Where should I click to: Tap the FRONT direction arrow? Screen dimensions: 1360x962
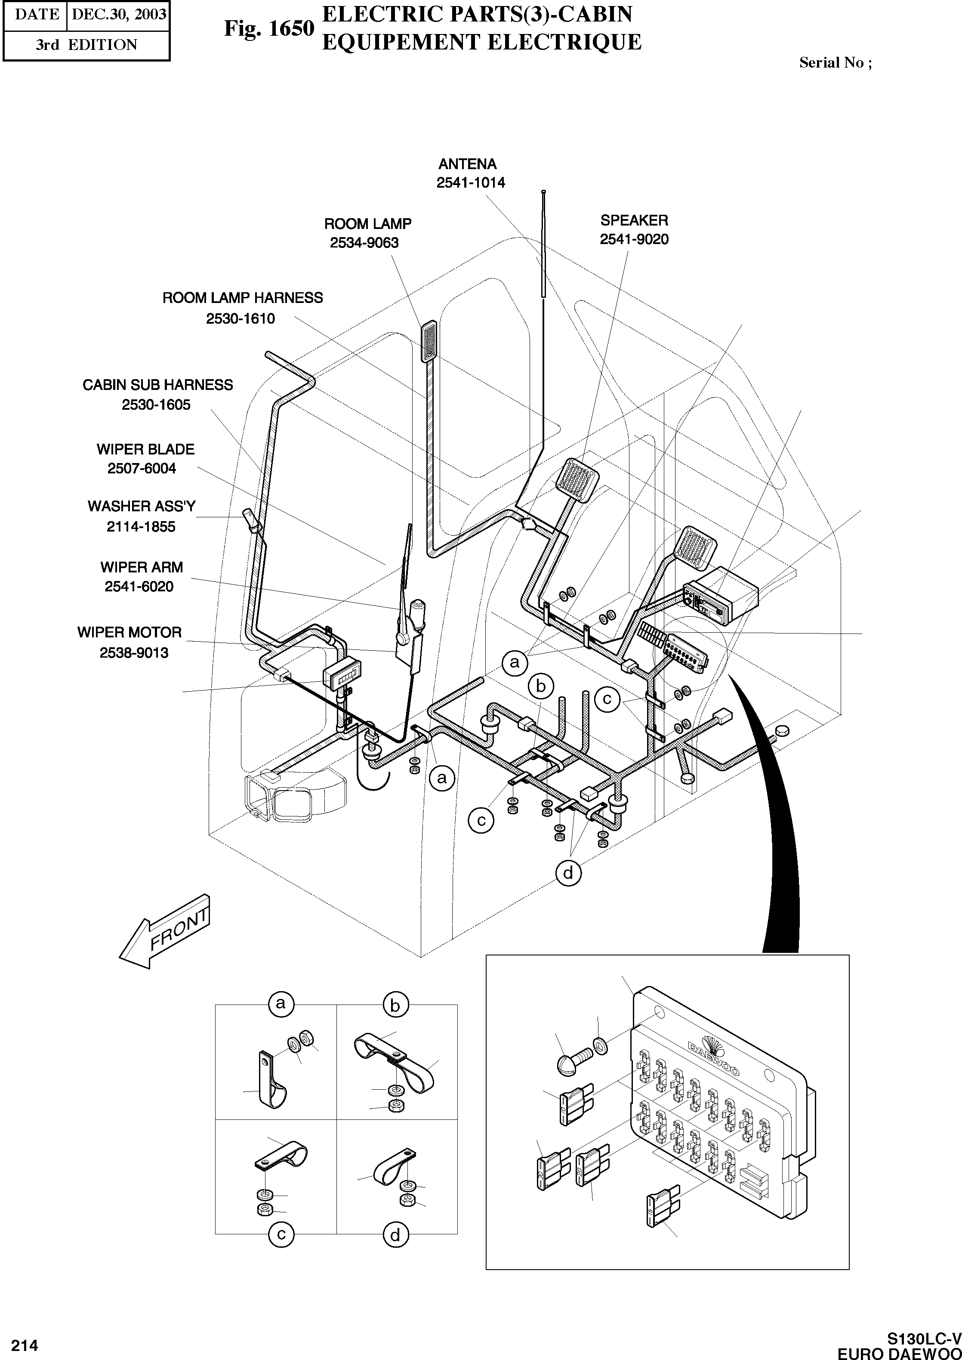coord(166,931)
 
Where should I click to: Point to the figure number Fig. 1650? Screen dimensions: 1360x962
coord(268,28)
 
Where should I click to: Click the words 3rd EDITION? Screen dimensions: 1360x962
coord(86,45)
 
